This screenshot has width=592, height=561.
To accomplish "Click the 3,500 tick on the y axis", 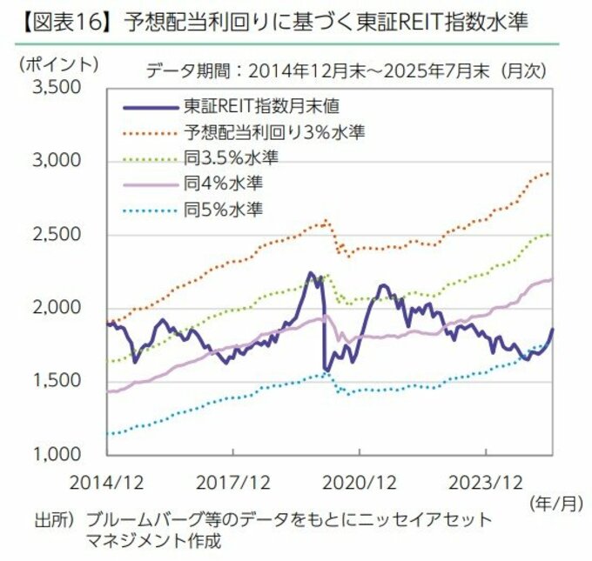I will [x=58, y=88].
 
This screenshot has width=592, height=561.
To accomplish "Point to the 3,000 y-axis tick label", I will [x=58, y=162].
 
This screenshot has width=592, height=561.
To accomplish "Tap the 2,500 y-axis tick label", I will [x=58, y=235].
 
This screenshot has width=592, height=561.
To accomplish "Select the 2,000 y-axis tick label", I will [x=58, y=308].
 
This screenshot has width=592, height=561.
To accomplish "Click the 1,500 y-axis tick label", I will [x=58, y=381].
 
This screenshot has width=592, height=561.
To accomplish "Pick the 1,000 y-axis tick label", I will [x=58, y=454].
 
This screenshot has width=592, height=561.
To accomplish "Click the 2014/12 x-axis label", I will [x=107, y=479].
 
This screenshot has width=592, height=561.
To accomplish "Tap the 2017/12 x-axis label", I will [x=232, y=479].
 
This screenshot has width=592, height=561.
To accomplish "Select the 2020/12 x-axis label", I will [x=360, y=479].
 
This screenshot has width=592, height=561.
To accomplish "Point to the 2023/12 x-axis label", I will [x=486, y=479].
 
